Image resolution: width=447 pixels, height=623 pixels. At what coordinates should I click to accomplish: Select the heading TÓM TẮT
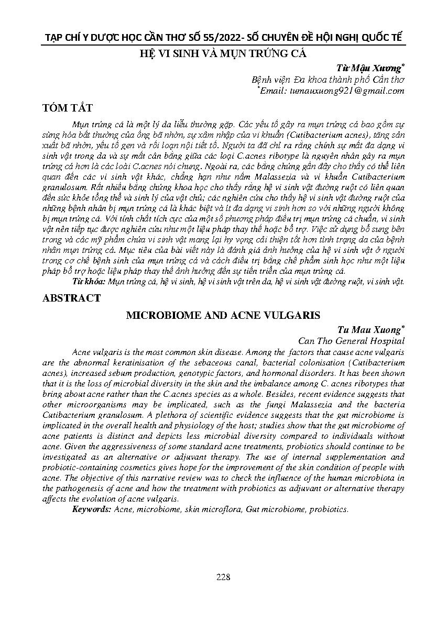(69, 108)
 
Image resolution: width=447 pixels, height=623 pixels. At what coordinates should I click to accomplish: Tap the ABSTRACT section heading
(72, 298)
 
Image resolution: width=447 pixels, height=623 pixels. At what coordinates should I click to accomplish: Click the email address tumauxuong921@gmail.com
(346, 91)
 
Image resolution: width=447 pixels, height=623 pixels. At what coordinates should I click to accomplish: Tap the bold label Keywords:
(91, 509)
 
